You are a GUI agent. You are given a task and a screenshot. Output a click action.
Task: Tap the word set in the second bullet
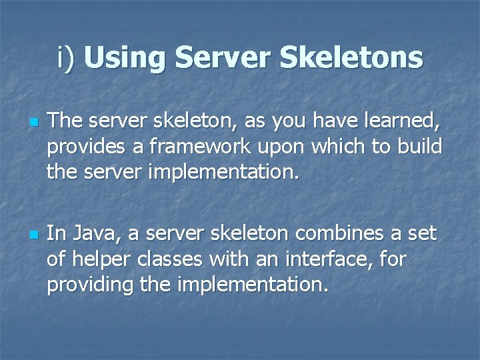pyautogui.click(x=421, y=234)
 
